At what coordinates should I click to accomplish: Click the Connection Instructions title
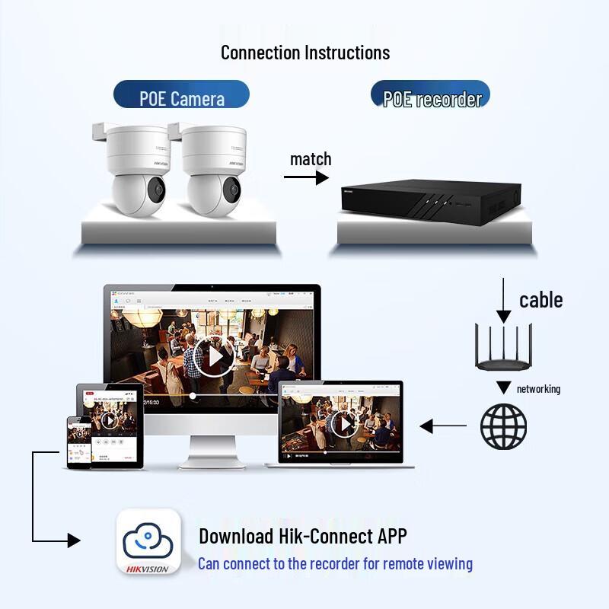pyautogui.click(x=305, y=53)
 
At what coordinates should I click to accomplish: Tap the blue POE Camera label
pyautogui.click(x=182, y=98)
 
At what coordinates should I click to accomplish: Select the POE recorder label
pyautogui.click(x=432, y=99)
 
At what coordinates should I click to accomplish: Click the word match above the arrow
pyautogui.click(x=311, y=159)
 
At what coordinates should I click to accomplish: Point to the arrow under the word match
pyautogui.click(x=306, y=177)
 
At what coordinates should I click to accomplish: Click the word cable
pyautogui.click(x=541, y=300)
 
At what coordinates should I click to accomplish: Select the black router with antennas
pyautogui.click(x=503, y=348)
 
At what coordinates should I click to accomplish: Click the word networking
pyautogui.click(x=538, y=389)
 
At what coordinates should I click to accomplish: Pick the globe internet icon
pyautogui.click(x=503, y=426)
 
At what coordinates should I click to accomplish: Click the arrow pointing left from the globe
pyautogui.click(x=443, y=426)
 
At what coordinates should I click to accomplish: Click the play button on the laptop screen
pyautogui.click(x=344, y=423)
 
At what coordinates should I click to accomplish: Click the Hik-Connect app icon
pyautogui.click(x=148, y=542)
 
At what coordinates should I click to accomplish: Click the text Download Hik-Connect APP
pyautogui.click(x=303, y=536)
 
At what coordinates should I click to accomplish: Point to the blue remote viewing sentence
pyautogui.click(x=335, y=564)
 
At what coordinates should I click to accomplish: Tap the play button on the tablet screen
pyautogui.click(x=109, y=420)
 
